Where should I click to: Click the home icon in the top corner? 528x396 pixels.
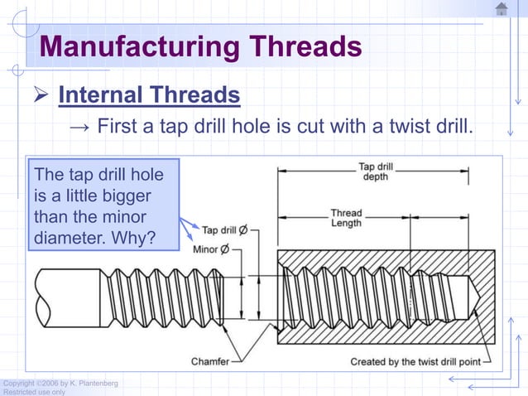point(502,9)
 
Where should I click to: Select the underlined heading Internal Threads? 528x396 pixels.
point(149,95)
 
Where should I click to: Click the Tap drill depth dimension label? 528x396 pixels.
point(375,171)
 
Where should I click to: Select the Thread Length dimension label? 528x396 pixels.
point(346,217)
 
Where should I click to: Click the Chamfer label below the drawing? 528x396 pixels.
point(210,361)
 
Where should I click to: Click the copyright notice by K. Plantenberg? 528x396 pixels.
point(60,383)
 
